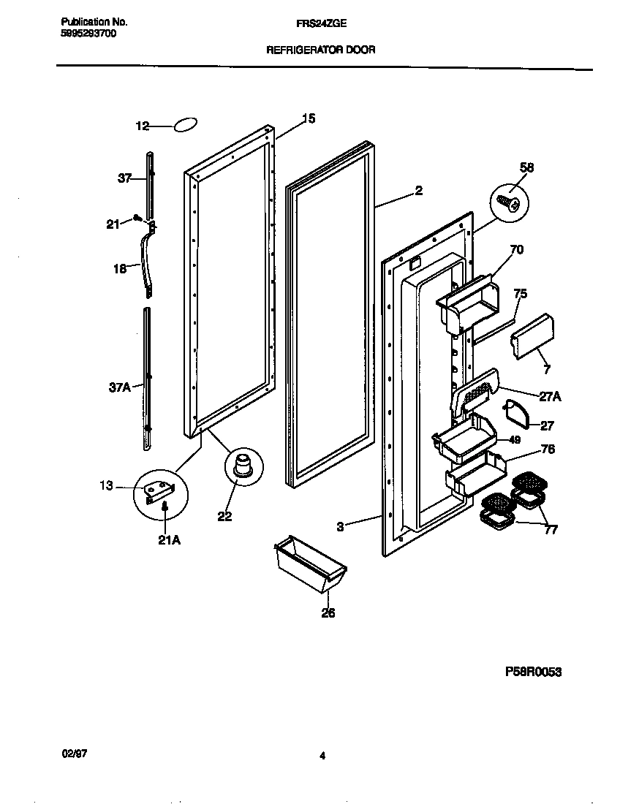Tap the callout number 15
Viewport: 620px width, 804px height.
tap(309, 118)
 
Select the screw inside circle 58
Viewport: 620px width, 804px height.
tap(507, 202)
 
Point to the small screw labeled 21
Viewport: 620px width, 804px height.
tap(137, 217)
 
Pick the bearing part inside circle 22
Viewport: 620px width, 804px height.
tap(243, 465)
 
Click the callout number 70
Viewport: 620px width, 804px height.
tap(516, 250)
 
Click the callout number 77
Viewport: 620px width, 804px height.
tap(550, 530)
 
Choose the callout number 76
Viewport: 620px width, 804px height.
tap(547, 449)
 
